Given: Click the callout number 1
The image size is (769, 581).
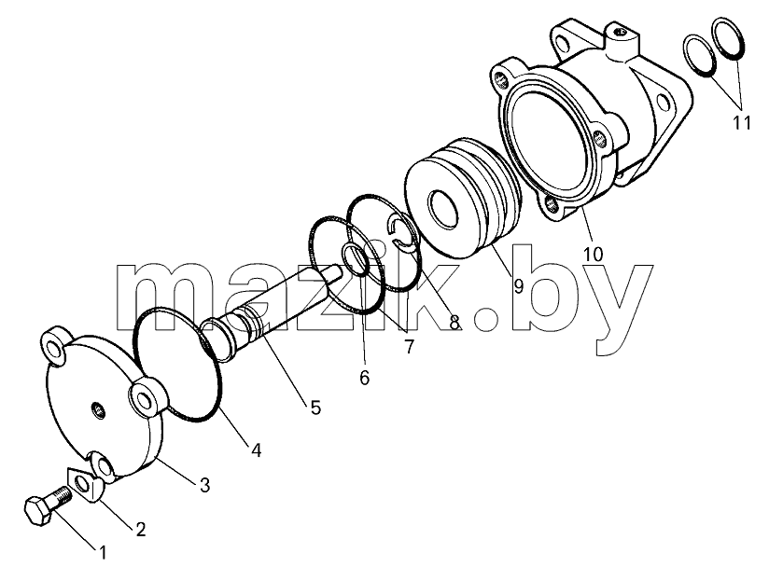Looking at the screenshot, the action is pyautogui.click(x=103, y=553).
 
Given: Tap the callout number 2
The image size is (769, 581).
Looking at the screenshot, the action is pyautogui.click(x=141, y=529).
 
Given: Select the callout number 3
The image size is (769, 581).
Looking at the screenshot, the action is pyautogui.click(x=204, y=485).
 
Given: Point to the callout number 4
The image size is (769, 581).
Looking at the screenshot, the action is pyautogui.click(x=256, y=450).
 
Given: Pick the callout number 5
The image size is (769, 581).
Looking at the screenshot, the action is pyautogui.click(x=315, y=408).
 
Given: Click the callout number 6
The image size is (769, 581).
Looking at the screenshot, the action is pyautogui.click(x=364, y=378).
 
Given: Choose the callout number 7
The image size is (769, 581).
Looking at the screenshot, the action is pyautogui.click(x=409, y=346).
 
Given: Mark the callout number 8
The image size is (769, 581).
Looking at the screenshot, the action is pyautogui.click(x=454, y=323).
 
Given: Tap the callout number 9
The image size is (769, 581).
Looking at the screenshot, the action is pyautogui.click(x=518, y=286).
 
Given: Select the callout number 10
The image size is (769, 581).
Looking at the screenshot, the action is pyautogui.click(x=593, y=255).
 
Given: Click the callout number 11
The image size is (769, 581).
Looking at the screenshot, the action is pyautogui.click(x=742, y=123).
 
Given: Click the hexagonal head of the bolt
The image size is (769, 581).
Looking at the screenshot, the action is pyautogui.click(x=38, y=511).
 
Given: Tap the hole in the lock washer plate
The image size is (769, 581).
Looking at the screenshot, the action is pyautogui.click(x=82, y=485).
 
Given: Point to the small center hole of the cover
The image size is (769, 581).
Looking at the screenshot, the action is pyautogui.click(x=100, y=409).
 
